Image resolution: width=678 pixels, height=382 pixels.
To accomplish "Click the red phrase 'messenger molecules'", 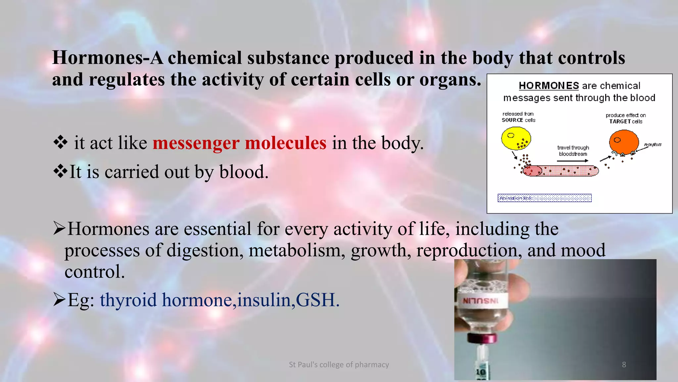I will [239, 143].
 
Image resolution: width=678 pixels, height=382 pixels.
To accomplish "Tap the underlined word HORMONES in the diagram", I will [549, 86].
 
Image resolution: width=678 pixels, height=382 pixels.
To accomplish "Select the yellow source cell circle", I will [516, 138].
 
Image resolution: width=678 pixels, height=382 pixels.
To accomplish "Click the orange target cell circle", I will [624, 142].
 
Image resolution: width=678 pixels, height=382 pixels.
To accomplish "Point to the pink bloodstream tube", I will [561, 171].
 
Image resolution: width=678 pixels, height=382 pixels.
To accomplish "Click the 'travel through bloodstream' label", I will [573, 151].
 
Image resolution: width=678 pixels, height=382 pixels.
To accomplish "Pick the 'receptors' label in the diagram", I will [653, 145].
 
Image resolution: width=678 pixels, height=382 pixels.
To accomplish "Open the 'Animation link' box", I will [544, 198].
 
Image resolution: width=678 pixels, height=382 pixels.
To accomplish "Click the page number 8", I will [624, 364].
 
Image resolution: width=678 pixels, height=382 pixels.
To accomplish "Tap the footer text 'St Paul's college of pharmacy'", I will [339, 364].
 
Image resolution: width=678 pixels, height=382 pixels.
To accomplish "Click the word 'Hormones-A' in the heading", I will [107, 58].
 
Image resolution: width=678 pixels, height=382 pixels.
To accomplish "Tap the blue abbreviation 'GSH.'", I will [317, 300].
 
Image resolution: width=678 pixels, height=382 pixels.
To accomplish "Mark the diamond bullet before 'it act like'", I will [60, 143].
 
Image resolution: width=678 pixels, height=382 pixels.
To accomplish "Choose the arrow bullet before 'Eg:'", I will [59, 299].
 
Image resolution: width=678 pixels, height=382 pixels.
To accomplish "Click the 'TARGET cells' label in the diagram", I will [625, 121].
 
